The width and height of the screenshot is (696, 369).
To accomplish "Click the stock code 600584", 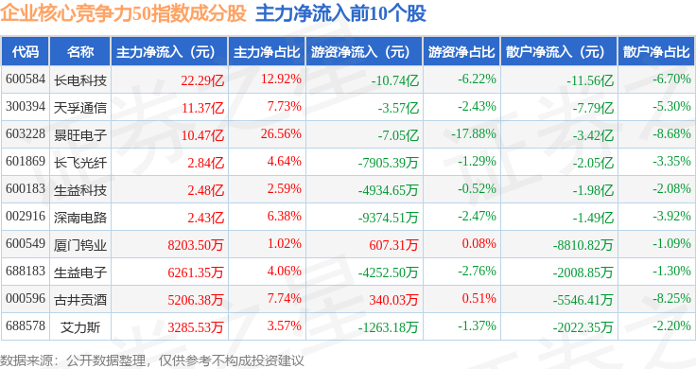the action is coord(26,79).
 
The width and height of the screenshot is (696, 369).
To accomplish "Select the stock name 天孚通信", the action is coord(79,108).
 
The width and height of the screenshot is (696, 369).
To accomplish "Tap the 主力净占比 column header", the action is coord(267,52).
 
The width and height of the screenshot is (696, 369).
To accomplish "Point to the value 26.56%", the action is coord(281,133).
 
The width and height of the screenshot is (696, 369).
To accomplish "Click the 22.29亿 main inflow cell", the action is coord(202,79).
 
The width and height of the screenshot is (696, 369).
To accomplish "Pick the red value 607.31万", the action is coord(393,245).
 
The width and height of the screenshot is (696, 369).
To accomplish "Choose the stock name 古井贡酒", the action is coord(79,300).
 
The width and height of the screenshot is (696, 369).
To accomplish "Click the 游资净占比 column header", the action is coord(461,52).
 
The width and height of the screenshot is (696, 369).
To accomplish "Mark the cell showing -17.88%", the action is coord(474,133).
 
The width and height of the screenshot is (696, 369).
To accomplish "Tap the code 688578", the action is coord(26,325).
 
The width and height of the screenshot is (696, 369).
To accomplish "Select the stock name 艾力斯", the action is coord(79,327).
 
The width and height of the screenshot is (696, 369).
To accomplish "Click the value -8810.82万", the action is coord(583,245).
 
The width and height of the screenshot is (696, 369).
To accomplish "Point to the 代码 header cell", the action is coord(26,52).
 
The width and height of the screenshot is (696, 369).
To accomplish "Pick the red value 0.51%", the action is coord(478,298).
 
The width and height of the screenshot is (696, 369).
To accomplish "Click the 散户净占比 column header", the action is coord(656,52).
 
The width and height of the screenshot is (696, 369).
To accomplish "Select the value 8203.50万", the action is coord(196,245).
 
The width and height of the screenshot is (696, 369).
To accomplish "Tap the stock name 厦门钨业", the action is coord(79,245).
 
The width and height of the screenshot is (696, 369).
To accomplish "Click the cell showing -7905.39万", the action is coord(389,163).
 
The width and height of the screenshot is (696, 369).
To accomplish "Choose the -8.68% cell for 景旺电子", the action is coord(671,133).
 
